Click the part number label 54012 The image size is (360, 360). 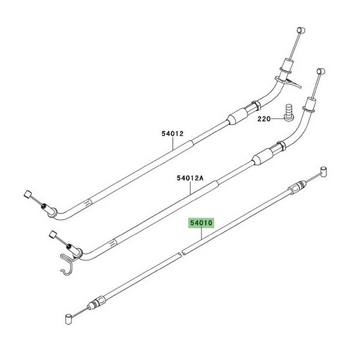pos(172,134)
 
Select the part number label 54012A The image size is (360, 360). pos(190,178)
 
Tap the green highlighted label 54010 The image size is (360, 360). pos(201,223)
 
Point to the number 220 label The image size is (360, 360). pos(264,119)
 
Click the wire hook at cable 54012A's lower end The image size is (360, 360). pos(68,263)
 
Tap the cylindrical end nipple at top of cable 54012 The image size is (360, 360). pos(301,31)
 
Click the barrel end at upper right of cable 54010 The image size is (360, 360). pos(324,172)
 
